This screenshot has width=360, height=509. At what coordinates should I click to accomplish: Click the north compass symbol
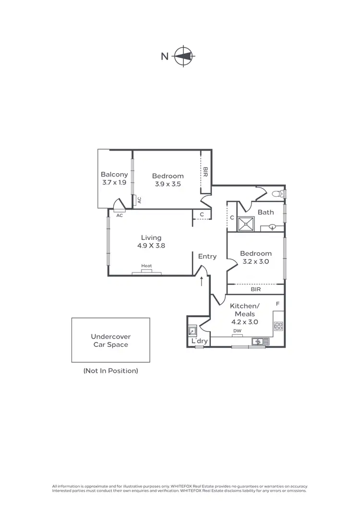coord(183,57)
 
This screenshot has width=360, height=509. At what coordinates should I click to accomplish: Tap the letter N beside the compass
coord(165,57)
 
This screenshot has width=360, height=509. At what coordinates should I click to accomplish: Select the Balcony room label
coord(114,175)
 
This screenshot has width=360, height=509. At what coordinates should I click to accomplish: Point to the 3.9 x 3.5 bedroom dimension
coord(168,183)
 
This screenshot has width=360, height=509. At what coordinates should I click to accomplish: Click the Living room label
coord(151,237)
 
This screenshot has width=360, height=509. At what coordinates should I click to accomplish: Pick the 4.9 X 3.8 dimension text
coord(151,246)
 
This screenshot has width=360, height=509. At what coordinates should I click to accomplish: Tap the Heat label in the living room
coord(146,266)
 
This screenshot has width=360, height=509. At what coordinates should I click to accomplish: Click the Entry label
coord(207,256)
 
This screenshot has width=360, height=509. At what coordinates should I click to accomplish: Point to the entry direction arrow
coord(202,280)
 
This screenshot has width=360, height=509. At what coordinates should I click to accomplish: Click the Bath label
coord(265,212)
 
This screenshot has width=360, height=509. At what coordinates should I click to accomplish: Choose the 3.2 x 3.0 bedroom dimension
coord(256,261)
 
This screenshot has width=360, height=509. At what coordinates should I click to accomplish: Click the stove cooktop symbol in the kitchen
coord(278,326)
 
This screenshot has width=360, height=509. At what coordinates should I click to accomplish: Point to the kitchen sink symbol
coord(258,342)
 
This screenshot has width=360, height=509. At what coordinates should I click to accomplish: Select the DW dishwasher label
coord(237,331)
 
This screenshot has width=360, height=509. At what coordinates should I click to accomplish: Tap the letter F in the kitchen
coord(277,304)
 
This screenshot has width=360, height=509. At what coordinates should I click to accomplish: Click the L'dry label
coord(199,341)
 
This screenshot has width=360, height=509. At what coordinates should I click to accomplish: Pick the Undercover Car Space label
coord(111,341)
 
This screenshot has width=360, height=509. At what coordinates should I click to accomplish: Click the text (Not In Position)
coord(110,370)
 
